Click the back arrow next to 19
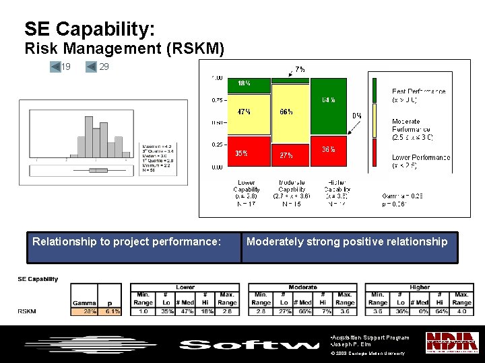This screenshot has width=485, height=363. click(55, 67)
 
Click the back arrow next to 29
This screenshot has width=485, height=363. click(92, 67)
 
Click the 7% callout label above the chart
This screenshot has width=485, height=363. click(300, 69)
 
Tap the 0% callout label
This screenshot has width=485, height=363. click(357, 116)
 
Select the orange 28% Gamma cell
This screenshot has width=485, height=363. click(85, 311)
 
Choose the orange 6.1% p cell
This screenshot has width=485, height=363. click(111, 311)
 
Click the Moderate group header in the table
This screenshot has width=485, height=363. click(302, 287)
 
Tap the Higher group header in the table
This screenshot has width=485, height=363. click(419, 287)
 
